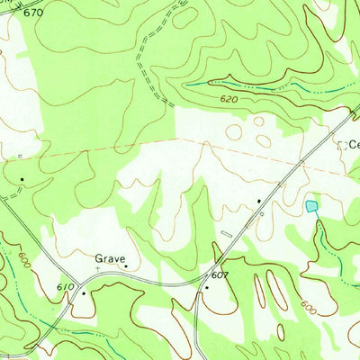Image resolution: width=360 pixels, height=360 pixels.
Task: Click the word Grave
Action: [x=111, y=258]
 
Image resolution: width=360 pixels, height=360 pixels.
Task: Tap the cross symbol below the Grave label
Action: [x=99, y=268]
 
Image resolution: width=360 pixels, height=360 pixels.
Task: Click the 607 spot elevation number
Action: [x=220, y=274]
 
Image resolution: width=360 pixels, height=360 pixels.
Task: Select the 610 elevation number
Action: [x=64, y=286]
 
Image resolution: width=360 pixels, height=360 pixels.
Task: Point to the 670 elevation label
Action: [x=32, y=13]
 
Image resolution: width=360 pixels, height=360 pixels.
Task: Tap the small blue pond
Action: [x=311, y=207]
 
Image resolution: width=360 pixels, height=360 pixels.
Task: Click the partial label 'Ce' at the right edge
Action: [x=354, y=144]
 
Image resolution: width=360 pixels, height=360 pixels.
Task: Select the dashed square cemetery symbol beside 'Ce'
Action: [x=341, y=144]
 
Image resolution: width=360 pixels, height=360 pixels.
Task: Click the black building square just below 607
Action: [x=206, y=288]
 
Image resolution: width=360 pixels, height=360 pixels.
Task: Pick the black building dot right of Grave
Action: [x=126, y=265]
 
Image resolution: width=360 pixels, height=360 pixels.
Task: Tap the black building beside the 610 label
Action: [x=84, y=292]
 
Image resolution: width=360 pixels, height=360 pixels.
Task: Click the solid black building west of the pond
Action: [x=259, y=201]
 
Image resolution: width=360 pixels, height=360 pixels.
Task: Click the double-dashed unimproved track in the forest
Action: [x=141, y=63]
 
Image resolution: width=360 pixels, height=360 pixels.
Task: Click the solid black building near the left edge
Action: [x=22, y=180]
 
